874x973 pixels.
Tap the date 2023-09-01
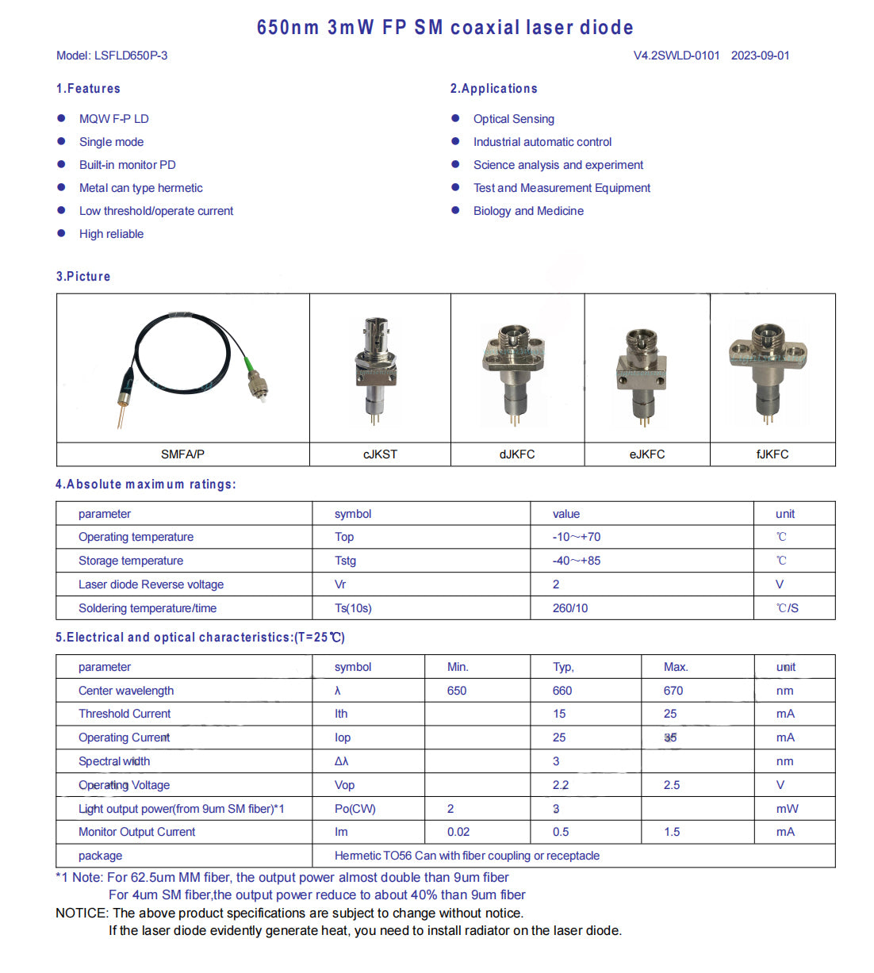coord(760,56)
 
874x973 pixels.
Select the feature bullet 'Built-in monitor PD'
coord(127,165)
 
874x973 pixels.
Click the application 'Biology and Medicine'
coord(528,211)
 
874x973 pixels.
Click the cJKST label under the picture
coord(380,454)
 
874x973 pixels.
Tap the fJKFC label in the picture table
coord(772,454)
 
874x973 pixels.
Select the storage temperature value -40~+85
coord(577,561)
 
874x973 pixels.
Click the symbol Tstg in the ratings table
coord(345,561)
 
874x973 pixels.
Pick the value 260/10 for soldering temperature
coord(570,608)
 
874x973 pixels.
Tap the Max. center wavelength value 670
coord(673,691)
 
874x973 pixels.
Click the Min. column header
coord(458,667)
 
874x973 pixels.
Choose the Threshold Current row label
coord(125,714)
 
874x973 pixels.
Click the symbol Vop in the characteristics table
coord(344,785)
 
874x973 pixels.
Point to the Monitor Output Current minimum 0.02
coord(458,832)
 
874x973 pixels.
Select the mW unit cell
coord(787,809)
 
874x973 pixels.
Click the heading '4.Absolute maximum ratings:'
coord(146,485)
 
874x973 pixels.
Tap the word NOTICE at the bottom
coord(81,914)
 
